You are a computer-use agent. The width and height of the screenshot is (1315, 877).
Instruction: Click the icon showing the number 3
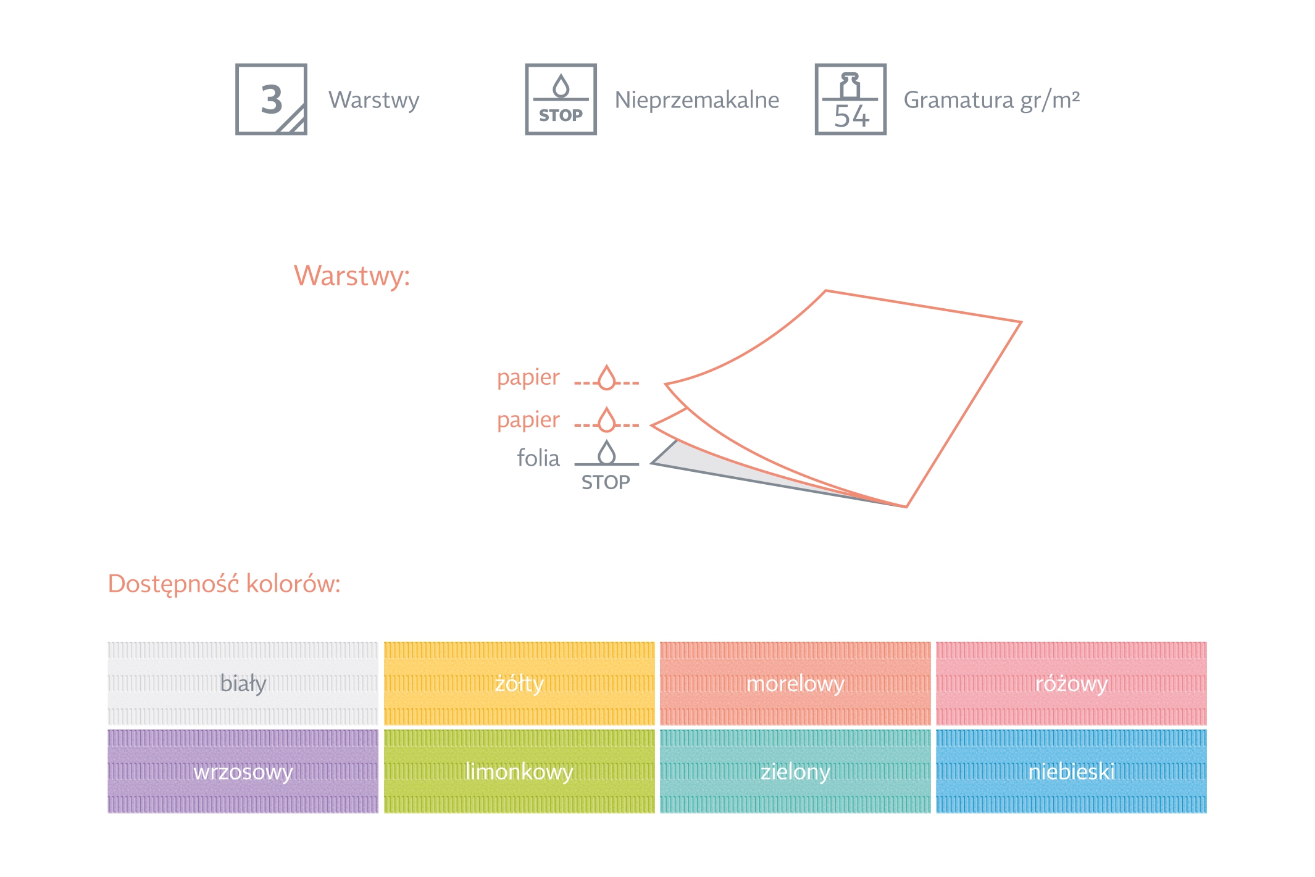(271, 99)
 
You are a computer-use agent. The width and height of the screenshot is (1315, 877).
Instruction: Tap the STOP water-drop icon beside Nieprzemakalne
(561, 99)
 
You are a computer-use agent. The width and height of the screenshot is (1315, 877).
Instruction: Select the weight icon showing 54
(850, 99)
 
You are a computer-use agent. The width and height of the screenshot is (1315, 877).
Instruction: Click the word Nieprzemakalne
(696, 100)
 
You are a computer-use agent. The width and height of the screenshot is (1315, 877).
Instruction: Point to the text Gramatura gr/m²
(991, 100)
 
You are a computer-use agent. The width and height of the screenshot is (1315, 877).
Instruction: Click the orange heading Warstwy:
(351, 275)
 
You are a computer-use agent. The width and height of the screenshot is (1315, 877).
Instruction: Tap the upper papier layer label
(528, 377)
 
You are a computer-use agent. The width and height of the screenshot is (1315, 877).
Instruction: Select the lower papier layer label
(528, 420)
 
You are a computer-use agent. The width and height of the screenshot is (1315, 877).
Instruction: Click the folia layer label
(538, 458)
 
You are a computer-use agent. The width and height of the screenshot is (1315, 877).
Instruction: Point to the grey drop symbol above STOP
(607, 453)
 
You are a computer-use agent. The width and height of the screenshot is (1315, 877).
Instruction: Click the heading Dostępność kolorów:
(224, 584)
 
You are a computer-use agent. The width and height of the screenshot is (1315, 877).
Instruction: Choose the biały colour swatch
(243, 684)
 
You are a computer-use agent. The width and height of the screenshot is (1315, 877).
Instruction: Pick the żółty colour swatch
(519, 684)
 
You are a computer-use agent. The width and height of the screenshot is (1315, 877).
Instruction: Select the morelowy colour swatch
(795, 684)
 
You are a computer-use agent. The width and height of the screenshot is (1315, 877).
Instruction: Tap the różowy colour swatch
(1071, 684)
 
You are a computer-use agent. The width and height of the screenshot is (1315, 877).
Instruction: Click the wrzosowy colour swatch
(243, 771)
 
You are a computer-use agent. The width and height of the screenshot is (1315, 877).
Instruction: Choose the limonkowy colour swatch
(519, 771)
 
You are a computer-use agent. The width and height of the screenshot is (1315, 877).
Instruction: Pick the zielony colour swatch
(795, 771)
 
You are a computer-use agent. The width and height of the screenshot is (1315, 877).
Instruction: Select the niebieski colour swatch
(1071, 771)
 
